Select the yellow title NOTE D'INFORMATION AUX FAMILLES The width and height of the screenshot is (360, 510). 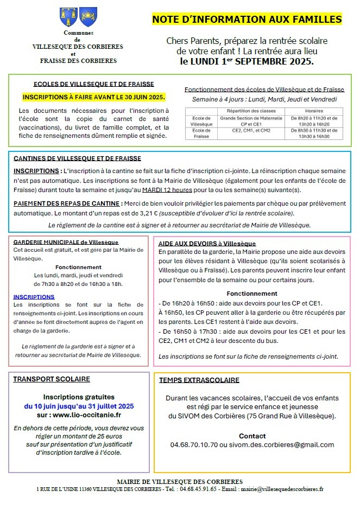pyautogui.click(x=247, y=20)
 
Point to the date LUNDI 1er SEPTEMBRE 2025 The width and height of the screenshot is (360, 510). pyautogui.click(x=247, y=61)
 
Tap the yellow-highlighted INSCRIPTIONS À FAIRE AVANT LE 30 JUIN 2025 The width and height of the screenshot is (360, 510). pyautogui.click(x=94, y=98)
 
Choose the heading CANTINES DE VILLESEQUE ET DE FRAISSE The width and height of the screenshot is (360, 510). pyautogui.click(x=77, y=158)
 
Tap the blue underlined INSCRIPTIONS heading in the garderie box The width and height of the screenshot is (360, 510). pyautogui.click(x=34, y=297)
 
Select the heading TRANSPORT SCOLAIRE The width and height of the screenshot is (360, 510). pyautogui.click(x=52, y=379)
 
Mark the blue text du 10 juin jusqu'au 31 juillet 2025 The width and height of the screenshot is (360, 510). pyautogui.click(x=79, y=405)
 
